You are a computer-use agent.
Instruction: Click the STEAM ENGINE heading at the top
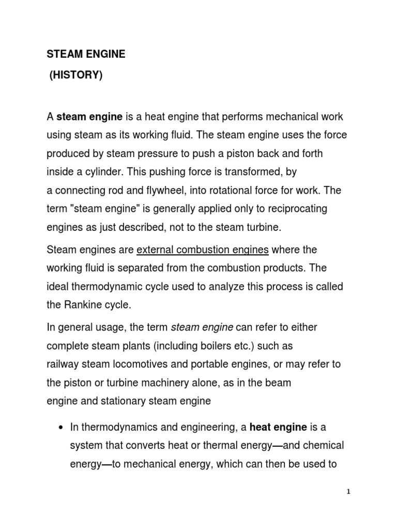[86, 54]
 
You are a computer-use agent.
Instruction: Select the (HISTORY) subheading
[76, 75]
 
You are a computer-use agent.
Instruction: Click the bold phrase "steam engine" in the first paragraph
[89, 117]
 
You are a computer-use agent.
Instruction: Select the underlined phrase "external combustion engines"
[202, 250]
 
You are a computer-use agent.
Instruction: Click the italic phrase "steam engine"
[202, 327]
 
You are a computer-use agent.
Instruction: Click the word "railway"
[63, 364]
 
